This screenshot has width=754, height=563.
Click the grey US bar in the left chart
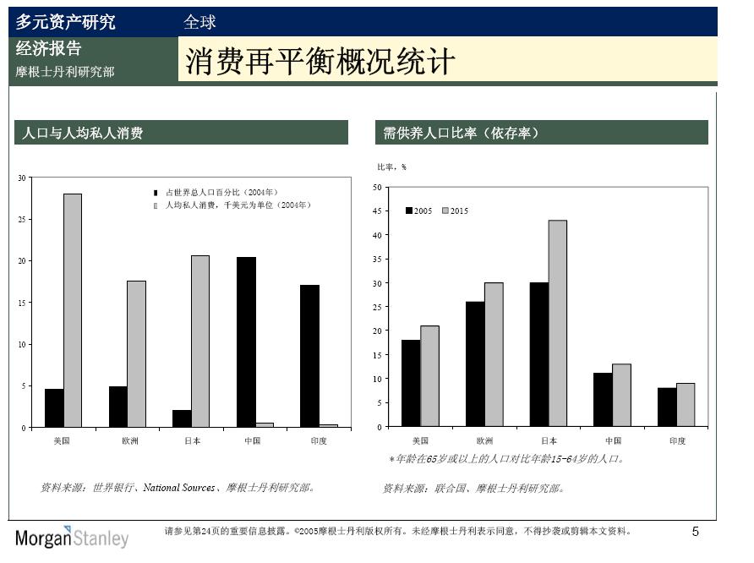73,310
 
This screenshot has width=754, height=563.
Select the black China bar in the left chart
246,342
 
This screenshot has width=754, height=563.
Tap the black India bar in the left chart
309,356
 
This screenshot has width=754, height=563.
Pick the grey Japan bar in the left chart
200,341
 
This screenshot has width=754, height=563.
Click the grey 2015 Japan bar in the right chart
558,323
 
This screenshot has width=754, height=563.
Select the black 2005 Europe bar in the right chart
475,363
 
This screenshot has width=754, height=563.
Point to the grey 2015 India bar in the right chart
686,404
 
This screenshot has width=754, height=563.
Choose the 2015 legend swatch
445,210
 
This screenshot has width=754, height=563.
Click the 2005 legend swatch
409,210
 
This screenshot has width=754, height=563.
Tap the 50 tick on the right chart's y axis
377,187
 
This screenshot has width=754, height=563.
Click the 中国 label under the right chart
613,440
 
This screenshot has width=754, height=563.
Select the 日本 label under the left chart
192,440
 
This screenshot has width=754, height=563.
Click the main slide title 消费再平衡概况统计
320,61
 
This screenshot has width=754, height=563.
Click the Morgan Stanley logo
72,538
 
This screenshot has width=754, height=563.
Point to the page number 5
696,532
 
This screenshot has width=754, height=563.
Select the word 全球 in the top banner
199,22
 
